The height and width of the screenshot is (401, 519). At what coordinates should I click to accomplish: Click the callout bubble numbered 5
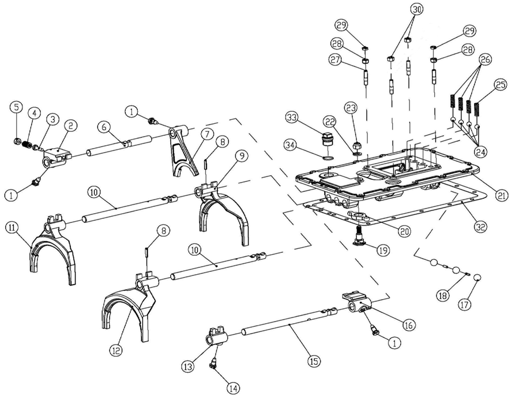(16, 107)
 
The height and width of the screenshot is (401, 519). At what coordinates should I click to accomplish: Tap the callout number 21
(502, 195)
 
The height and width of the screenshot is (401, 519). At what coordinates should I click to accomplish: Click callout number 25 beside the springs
(500, 85)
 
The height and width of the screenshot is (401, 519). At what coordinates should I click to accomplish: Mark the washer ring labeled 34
(327, 156)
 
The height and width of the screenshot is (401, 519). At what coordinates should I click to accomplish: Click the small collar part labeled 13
(215, 340)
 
